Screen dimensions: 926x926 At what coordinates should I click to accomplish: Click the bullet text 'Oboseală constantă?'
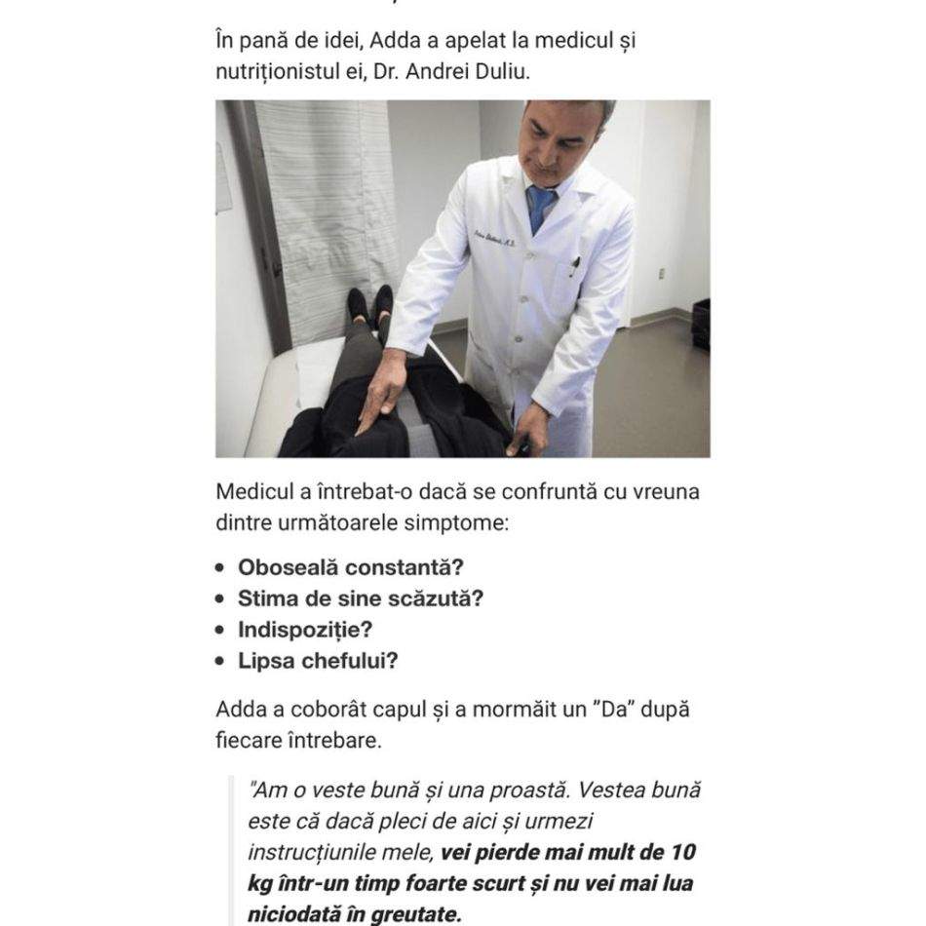(350, 567)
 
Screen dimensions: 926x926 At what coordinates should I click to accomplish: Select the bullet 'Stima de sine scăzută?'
(360, 598)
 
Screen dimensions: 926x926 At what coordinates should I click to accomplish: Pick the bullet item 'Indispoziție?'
(305, 630)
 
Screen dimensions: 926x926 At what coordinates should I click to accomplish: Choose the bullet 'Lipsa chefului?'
(318, 661)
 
